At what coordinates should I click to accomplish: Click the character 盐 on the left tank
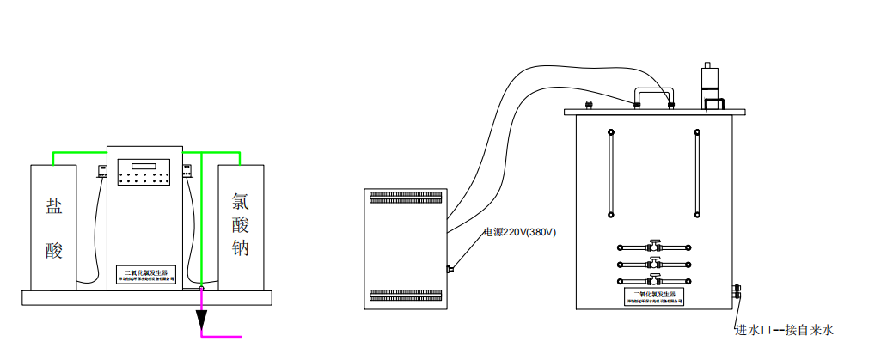pos(54,206)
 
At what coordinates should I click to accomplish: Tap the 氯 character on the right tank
pos(241,202)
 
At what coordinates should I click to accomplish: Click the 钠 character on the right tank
pos(241,249)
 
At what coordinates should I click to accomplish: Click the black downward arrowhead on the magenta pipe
pos(201,320)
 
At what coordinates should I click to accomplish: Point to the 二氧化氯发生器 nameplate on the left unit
pos(145,274)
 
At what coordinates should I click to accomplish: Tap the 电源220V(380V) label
pos(519,232)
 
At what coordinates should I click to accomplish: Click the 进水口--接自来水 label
pos(784,329)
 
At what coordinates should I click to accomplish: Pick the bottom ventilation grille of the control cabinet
pos(407,296)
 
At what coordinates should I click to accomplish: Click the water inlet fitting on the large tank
pos(737,289)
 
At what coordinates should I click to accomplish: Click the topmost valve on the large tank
pos(654,246)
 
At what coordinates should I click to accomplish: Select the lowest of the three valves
pos(654,280)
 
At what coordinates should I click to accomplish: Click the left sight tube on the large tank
pos(610,172)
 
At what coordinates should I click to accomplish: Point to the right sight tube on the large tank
pos(696,172)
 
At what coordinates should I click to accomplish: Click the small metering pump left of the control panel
pos(101,170)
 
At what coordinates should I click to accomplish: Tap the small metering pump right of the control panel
pos(188,170)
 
